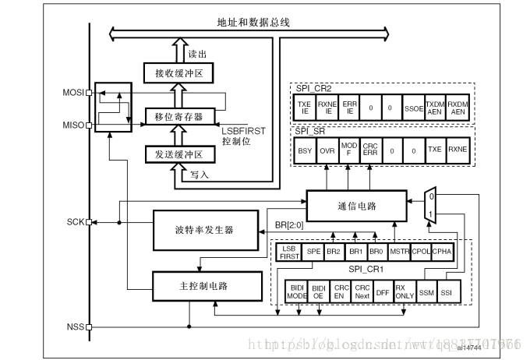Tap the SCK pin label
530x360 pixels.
click(75, 221)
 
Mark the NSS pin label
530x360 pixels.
click(75, 326)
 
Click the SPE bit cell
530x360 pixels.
click(313, 252)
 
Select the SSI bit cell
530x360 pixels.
click(446, 292)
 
